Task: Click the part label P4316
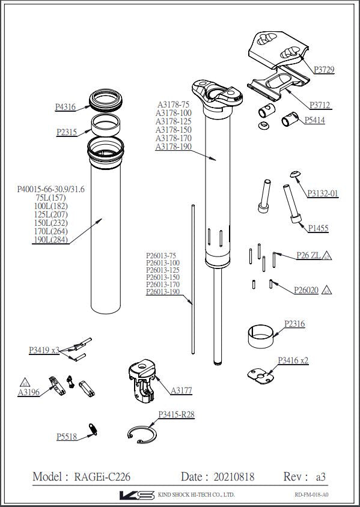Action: (x=65, y=108)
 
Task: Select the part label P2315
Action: (x=67, y=132)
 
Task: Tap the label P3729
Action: (x=323, y=70)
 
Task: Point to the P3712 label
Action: (x=320, y=105)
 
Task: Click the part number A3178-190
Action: (x=173, y=147)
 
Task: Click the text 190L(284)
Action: (x=50, y=240)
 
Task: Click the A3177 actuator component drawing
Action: (x=142, y=378)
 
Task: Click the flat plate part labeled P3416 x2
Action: (x=261, y=375)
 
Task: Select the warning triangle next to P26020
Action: (x=326, y=290)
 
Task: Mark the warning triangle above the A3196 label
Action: (x=25, y=381)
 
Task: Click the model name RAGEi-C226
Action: (x=102, y=477)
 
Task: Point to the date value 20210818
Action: (x=234, y=477)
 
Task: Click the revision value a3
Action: (x=320, y=477)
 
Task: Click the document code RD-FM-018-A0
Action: (x=312, y=495)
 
